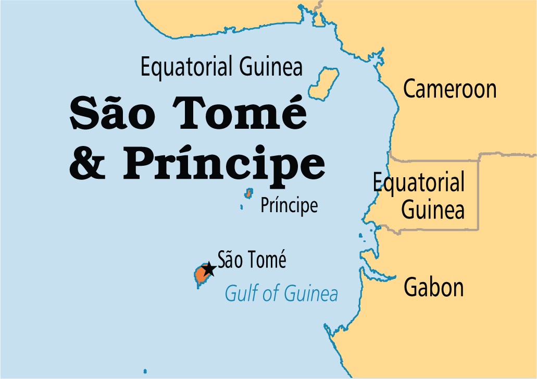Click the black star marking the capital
tap(209, 269)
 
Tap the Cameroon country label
tap(449, 89)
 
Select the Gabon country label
tap(434, 288)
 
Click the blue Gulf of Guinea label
tap(281, 294)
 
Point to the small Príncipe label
tap(289, 205)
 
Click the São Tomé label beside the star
tap(252, 259)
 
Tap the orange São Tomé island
tap(200, 275)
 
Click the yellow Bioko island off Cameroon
tap(322, 82)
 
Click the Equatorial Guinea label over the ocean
tap(221, 67)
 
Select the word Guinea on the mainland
tap(433, 211)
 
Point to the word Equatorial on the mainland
tap(418, 183)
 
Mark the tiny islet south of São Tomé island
tap(198, 287)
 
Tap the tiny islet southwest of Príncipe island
tap(242, 207)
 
